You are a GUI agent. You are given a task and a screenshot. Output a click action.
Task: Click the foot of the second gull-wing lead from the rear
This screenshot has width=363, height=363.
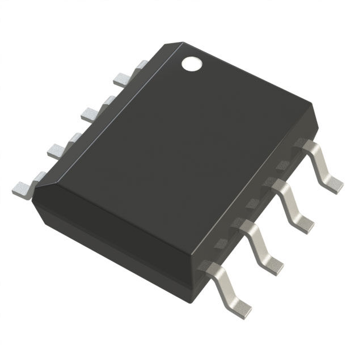coord(305,223)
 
